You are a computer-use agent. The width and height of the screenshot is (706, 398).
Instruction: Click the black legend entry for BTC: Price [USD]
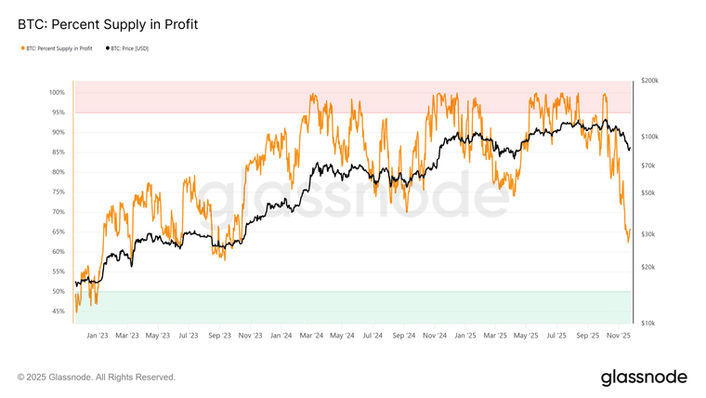[128, 48]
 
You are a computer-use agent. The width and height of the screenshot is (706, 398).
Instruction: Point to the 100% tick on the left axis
[58, 93]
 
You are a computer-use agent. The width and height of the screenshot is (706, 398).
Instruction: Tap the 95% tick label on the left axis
[59, 113]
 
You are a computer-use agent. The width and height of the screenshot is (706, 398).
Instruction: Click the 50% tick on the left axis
[59, 291]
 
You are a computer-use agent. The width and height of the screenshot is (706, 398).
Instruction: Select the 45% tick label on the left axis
[59, 312]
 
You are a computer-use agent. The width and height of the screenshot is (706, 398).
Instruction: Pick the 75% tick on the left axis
[59, 192]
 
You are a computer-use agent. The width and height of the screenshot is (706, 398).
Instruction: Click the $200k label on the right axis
[649, 81]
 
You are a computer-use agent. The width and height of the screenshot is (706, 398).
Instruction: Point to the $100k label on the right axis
[649, 137]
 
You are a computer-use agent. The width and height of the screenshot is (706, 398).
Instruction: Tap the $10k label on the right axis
[648, 323]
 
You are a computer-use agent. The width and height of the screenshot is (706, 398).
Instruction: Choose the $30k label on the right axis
[648, 233]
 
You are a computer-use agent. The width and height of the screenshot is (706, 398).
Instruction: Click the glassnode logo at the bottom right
[644, 377]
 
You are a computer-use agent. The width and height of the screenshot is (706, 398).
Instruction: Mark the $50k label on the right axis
[648, 192]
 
